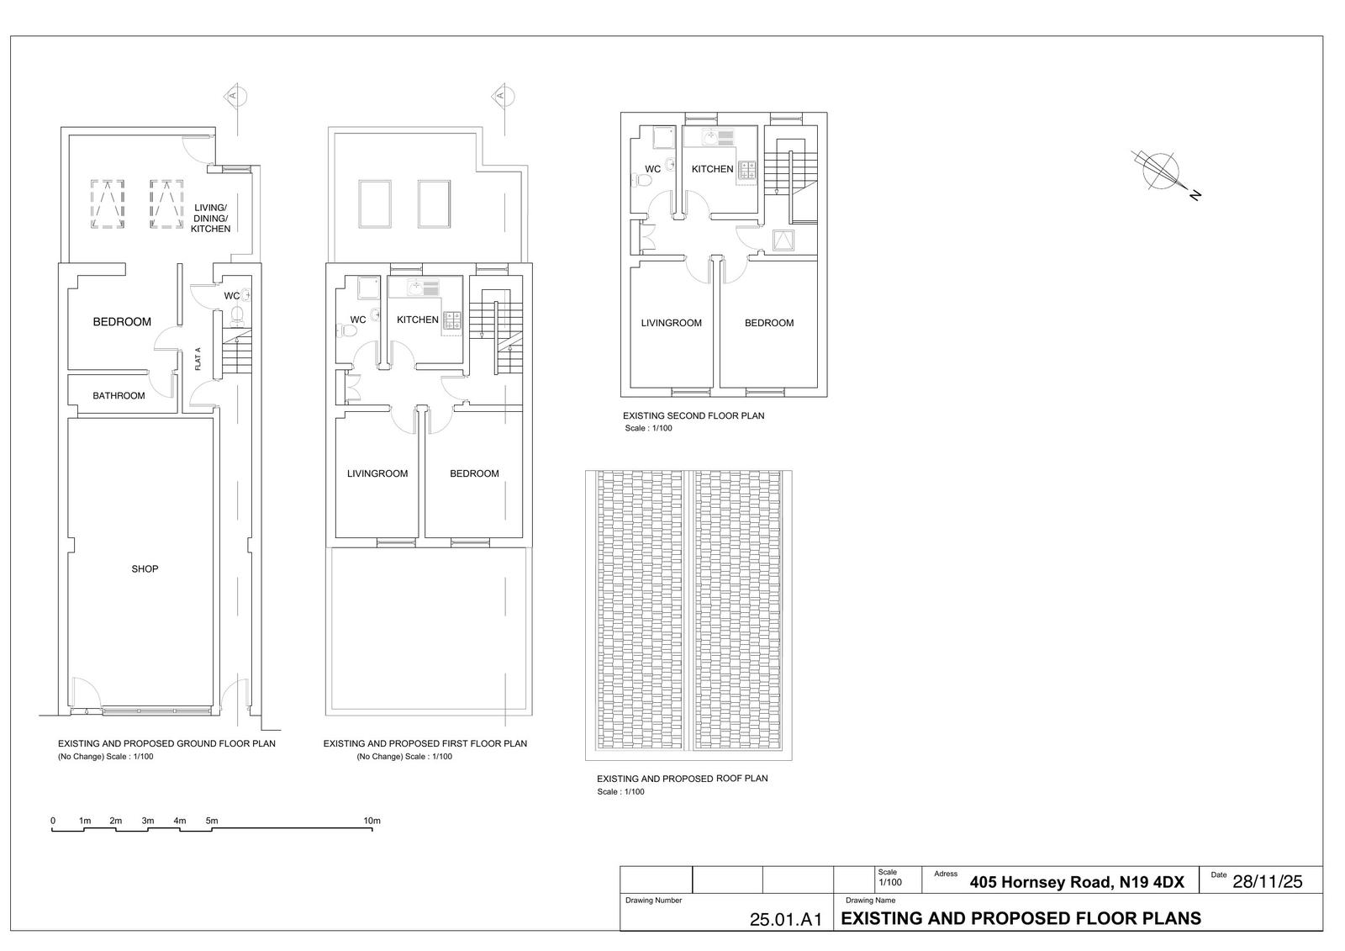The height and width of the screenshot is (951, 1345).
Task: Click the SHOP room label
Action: click(x=145, y=569)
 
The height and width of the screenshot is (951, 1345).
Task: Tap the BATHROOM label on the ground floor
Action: click(x=119, y=396)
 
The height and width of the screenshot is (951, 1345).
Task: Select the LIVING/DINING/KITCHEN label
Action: click(x=211, y=219)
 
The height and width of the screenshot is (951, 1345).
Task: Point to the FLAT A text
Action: click(x=198, y=359)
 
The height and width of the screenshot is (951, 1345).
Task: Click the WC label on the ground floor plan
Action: click(x=232, y=296)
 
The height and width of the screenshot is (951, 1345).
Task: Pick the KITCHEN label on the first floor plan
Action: click(x=417, y=320)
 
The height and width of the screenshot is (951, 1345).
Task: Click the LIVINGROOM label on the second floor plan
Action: click(x=672, y=323)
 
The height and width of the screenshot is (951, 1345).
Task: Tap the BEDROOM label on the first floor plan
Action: click(x=474, y=474)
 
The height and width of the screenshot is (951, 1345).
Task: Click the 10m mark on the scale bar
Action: click(x=372, y=821)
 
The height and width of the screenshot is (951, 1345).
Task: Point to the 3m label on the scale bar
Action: click(x=148, y=821)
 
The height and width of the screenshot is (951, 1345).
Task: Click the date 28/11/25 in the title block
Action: click(x=1268, y=882)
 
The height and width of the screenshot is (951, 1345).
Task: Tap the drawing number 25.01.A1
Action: click(x=785, y=919)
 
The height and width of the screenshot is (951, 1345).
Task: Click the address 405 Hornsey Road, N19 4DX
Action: click(x=1077, y=882)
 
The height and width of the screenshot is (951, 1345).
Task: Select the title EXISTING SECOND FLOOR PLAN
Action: click(x=694, y=415)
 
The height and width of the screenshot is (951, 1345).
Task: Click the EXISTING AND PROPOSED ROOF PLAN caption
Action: click(x=682, y=779)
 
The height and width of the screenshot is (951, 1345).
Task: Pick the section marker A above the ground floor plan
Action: click(x=235, y=96)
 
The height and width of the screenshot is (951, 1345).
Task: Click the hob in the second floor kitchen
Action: click(x=747, y=170)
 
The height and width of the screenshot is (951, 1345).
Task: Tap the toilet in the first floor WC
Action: click(x=346, y=330)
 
